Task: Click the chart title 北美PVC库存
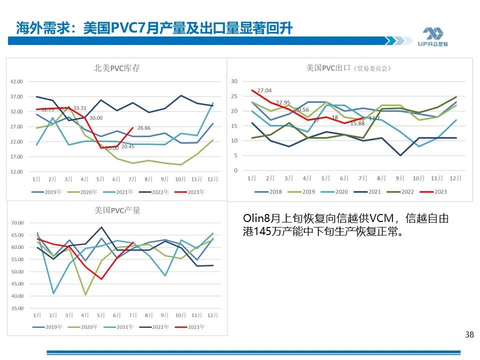tap(116, 68)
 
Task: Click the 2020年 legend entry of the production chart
tap(85, 326)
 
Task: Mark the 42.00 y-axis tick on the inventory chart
tap(17, 81)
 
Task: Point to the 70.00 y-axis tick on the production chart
tap(17, 223)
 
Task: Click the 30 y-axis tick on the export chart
tap(234, 81)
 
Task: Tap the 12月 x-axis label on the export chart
tap(455, 178)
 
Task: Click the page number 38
tap(469, 335)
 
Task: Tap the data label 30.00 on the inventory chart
tap(96, 118)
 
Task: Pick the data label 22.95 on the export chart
tap(283, 102)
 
